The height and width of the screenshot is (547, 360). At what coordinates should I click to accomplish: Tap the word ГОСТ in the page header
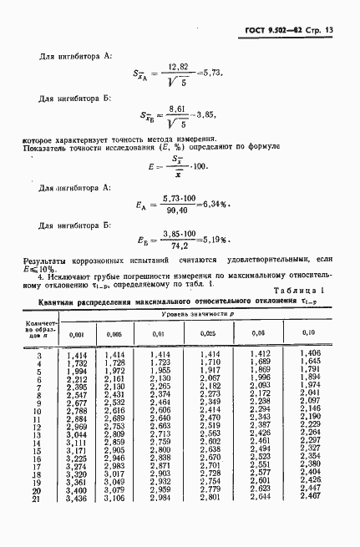click(259, 31)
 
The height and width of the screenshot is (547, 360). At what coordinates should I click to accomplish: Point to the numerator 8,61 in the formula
click(178, 109)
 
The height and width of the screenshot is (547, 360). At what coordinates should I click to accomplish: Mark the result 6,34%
click(236, 204)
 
